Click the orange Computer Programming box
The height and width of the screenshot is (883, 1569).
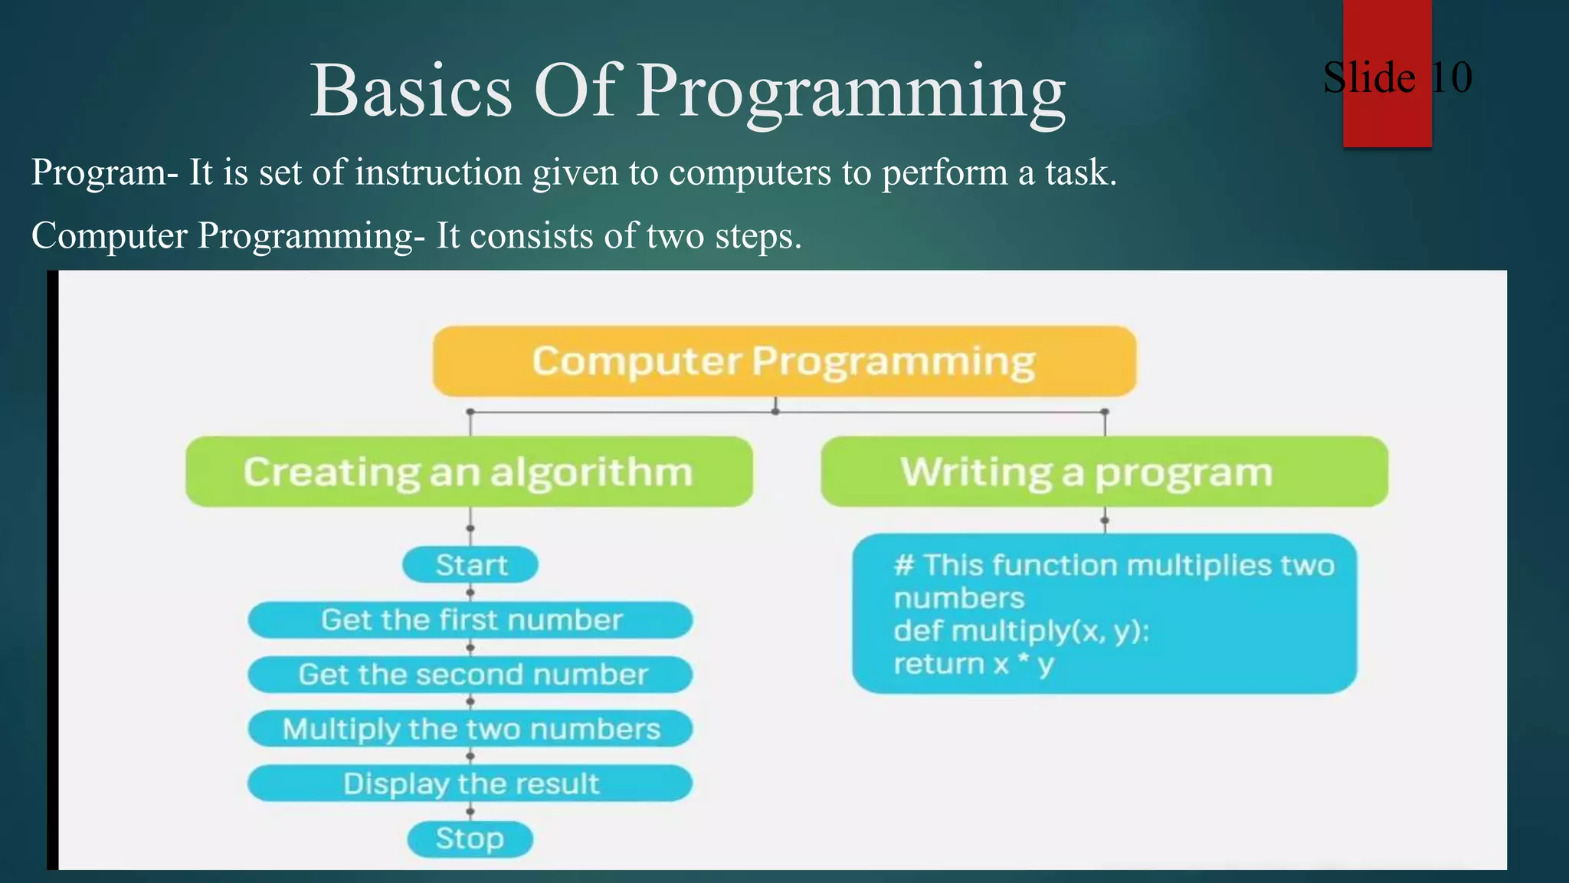(x=784, y=361)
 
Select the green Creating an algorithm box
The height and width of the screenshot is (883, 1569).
(x=469, y=471)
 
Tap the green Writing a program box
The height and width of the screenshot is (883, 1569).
(x=1103, y=471)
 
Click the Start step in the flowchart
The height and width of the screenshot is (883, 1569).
(x=470, y=565)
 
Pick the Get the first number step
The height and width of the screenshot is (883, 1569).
(x=470, y=619)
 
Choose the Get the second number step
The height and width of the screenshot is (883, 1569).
(x=470, y=675)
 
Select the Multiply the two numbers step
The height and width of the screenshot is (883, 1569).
(x=470, y=729)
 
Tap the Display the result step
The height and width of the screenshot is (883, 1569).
(x=470, y=783)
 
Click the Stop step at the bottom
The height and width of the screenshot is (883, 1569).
(x=470, y=839)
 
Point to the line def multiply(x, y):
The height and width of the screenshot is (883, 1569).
(x=1021, y=631)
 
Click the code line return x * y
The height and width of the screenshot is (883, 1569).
(x=974, y=664)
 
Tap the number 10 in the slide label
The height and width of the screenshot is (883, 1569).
(x=1451, y=77)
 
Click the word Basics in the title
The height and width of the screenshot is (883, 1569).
(x=411, y=90)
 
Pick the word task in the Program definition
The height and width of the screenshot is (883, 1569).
(x=1079, y=172)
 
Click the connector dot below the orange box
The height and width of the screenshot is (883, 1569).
(x=775, y=412)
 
